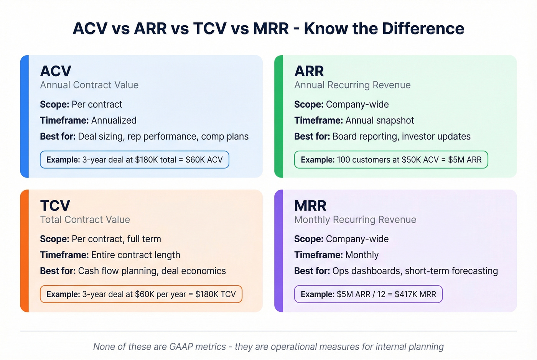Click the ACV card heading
[56, 71]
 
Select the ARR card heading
[309, 71]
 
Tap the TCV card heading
[55, 206]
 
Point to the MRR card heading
[310, 206]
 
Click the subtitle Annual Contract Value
[89, 85]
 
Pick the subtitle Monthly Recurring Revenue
[355, 220]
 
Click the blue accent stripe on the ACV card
[25, 116]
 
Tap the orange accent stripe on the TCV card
[25, 251]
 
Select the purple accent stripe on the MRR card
[279, 251]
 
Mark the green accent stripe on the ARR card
[279, 116]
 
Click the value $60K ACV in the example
[204, 160]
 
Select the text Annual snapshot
[380, 120]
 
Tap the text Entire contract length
[135, 255]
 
